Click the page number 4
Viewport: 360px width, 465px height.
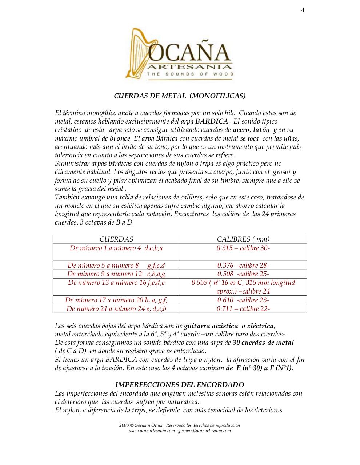[303, 10]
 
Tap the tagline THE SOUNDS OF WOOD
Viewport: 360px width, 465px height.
[190, 74]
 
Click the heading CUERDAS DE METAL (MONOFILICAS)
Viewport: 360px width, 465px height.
[180, 96]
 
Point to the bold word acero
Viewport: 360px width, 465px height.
[241, 130]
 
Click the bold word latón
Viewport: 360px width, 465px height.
[261, 130]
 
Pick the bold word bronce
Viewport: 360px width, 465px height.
[120, 138]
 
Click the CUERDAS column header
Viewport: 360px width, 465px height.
[116, 239]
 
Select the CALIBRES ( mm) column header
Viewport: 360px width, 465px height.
[243, 239]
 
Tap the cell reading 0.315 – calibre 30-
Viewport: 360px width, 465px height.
[243, 248]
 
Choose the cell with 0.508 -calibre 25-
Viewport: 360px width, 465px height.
[243, 274]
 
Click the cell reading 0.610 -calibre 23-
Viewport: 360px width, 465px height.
[243, 300]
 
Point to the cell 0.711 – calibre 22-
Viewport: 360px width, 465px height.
[243, 309]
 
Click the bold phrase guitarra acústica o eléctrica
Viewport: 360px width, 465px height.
[229, 325]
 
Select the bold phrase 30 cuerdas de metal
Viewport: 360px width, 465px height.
[263, 343]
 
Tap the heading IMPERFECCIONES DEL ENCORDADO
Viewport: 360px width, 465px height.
[180, 385]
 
